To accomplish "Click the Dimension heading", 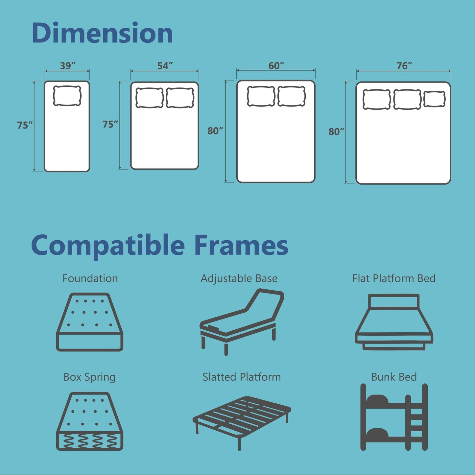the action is coord(102,33).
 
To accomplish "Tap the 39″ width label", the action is coord(68,66).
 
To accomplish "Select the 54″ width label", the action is coord(165,66).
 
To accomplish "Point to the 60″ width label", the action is coord(276,66).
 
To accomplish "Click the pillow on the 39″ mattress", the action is coord(67,96).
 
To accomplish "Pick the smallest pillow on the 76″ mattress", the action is coord(434,99).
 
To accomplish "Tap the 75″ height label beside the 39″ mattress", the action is coord(25,125).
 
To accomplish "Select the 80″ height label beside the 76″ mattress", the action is coord(336,132).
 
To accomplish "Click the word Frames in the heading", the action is coord(241,245).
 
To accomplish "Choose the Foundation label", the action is coord(90,278).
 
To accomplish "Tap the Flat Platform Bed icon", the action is coord(394,322).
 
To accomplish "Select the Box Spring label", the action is coord(89,377).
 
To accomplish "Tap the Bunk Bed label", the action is coord(394,377).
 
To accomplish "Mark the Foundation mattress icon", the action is coord(90,322).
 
